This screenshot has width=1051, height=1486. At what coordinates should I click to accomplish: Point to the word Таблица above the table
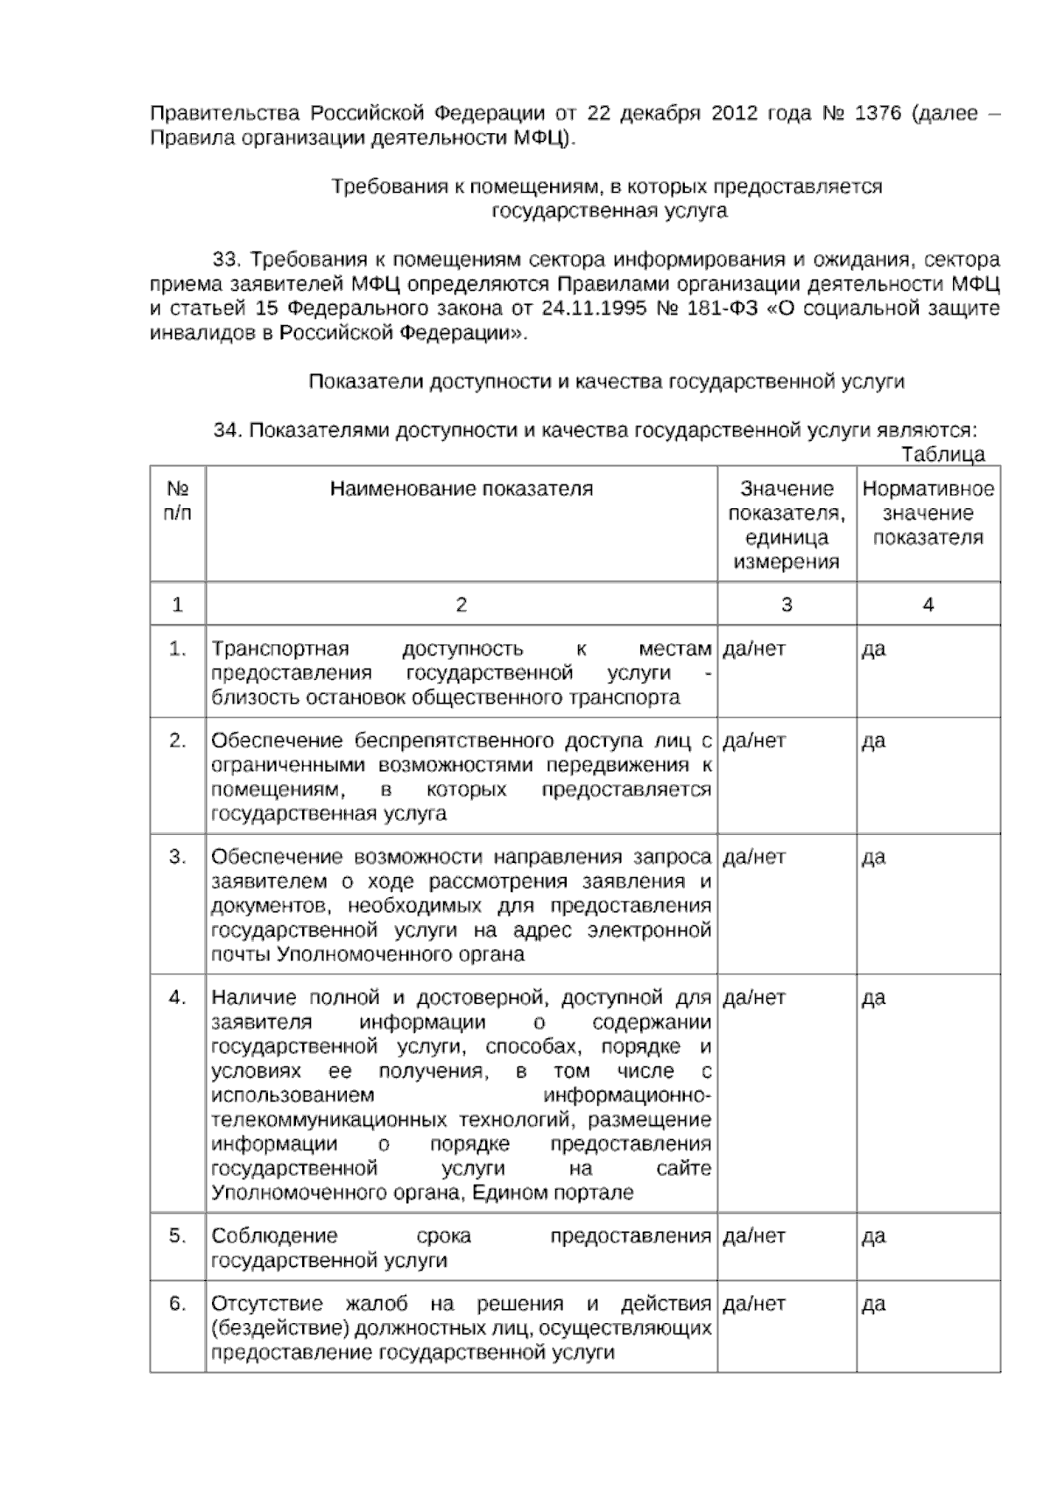[x=942, y=454]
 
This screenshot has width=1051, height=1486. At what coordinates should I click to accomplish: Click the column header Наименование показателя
[x=461, y=489]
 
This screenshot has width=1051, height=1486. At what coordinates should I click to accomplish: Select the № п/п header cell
[x=178, y=500]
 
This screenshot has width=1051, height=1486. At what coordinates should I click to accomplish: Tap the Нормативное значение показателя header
[x=928, y=513]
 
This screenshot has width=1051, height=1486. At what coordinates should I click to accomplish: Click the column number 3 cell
[x=786, y=604]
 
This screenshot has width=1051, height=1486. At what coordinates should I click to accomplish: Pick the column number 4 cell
[x=928, y=604]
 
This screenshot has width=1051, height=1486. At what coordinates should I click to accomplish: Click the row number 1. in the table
[x=178, y=649]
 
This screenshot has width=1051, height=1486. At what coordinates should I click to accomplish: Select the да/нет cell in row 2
[x=754, y=741]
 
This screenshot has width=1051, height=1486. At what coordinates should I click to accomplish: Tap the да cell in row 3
[x=873, y=857]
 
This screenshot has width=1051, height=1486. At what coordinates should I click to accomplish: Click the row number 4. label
[x=178, y=997]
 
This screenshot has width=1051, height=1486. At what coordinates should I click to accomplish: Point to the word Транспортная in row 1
[x=280, y=649]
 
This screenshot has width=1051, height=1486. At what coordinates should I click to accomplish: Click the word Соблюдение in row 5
[x=274, y=1236]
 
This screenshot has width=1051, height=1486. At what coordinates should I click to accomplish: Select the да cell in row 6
[x=873, y=1305]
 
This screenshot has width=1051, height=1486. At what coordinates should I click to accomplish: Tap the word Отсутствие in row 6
[x=267, y=1304]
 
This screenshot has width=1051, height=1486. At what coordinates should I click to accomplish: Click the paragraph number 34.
[x=227, y=430]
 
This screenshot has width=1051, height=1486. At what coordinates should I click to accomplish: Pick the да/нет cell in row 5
[x=754, y=1236]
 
